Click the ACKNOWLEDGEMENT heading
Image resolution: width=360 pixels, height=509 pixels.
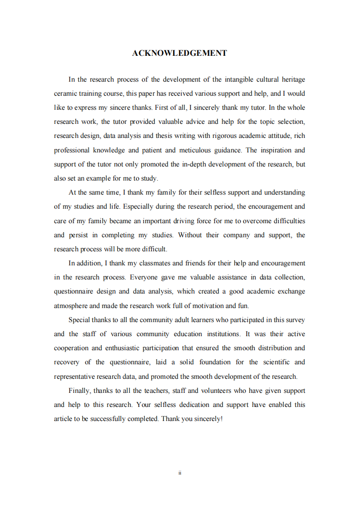coord(180,53)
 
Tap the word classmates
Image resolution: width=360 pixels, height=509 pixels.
coord(148,263)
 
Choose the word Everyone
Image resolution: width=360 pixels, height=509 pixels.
coord(144,277)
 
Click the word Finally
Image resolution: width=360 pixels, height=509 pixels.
coord(79,391)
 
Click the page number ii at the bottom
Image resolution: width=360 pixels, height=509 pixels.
coord(180,473)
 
